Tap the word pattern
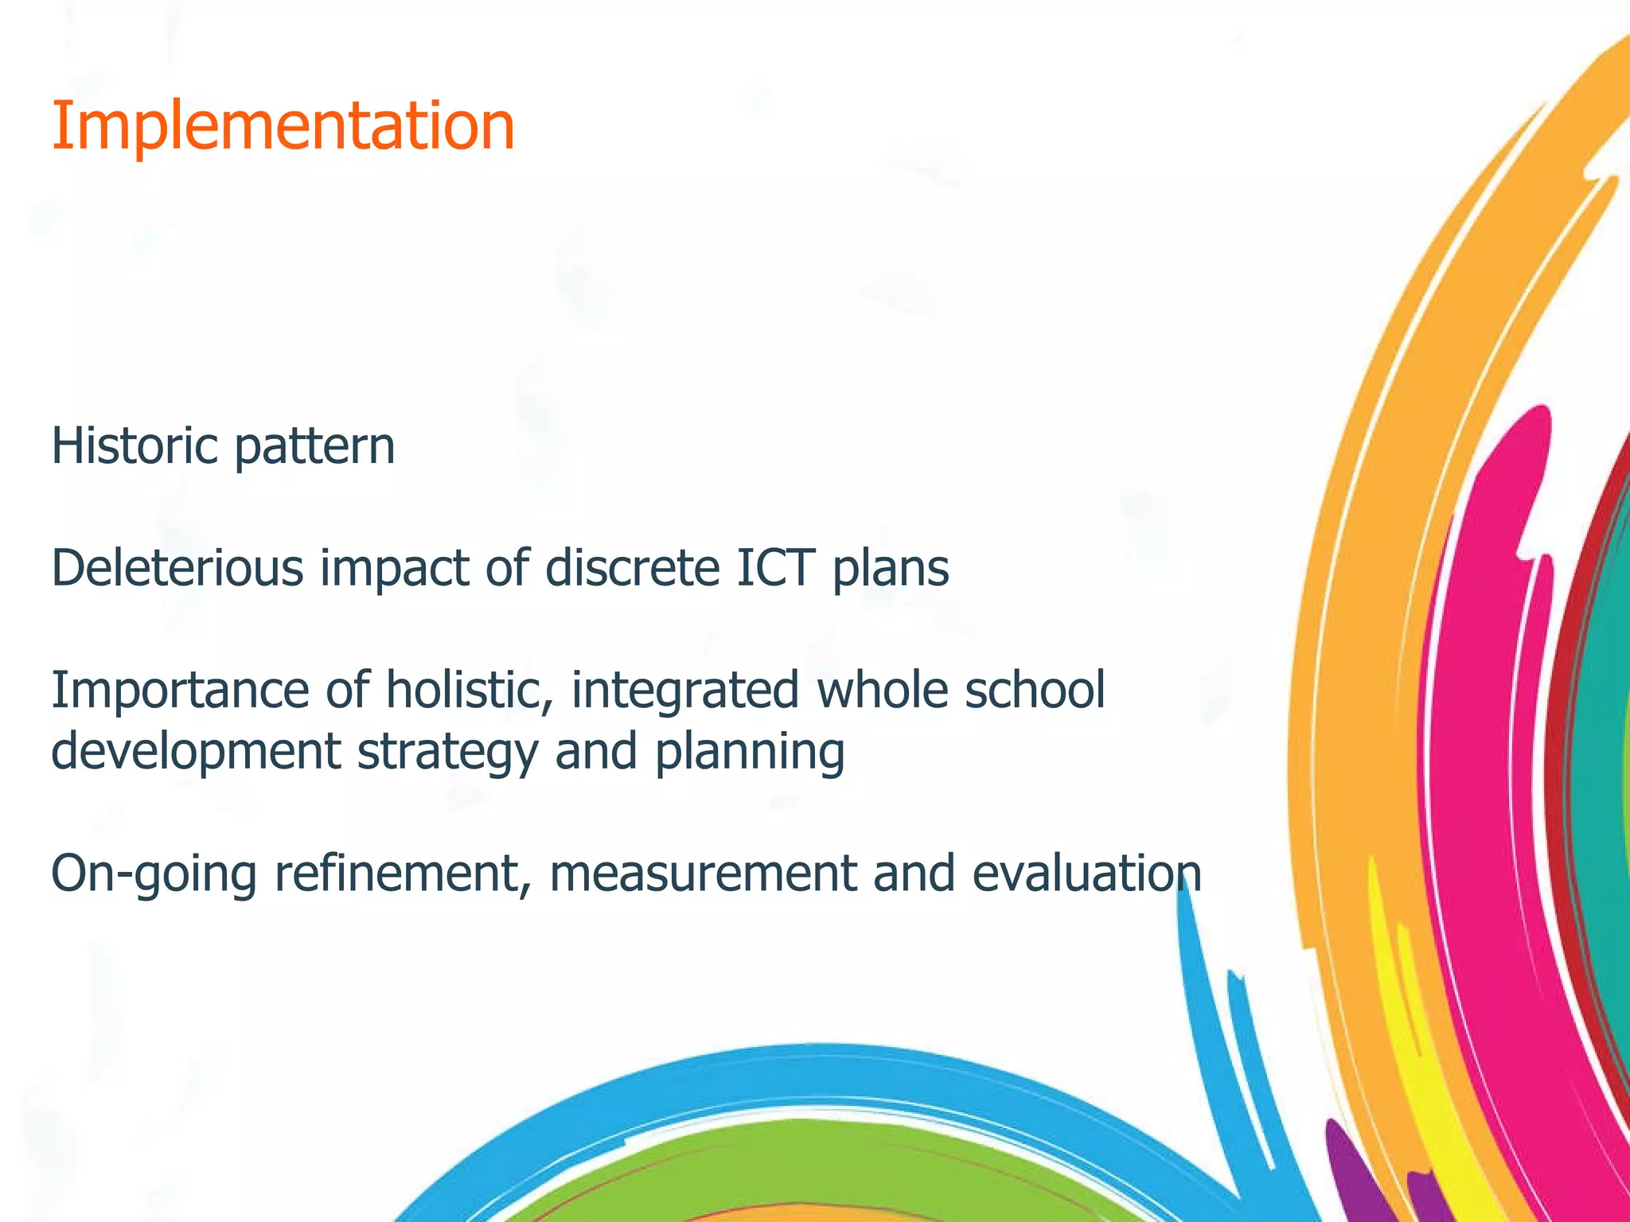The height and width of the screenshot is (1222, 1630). pos(314,448)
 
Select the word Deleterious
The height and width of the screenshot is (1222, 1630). pos(177,568)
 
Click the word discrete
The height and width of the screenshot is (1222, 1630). pos(632,568)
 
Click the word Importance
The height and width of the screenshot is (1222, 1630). pos(180,691)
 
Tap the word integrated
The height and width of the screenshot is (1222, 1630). pos(684,691)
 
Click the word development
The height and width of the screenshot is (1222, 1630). pos(196,753)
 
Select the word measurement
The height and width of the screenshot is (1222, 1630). pos(701,874)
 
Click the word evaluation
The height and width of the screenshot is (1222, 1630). pos(1086,874)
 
